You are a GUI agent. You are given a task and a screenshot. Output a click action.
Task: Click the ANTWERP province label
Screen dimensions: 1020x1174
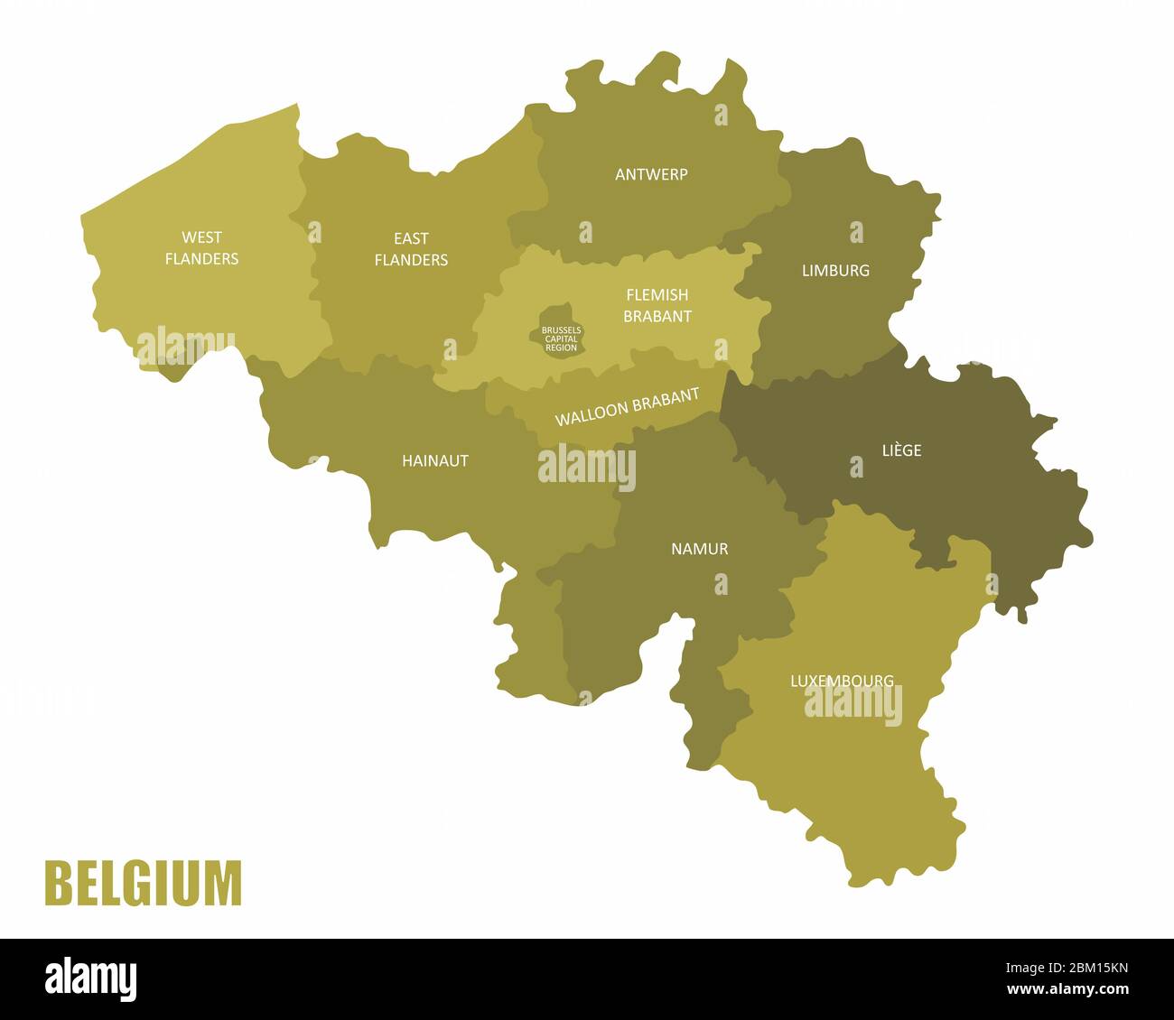point(651,174)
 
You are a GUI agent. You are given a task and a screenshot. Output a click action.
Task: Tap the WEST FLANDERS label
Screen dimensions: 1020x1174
point(201,248)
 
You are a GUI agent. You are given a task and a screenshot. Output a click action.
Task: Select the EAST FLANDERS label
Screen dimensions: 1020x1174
point(411,249)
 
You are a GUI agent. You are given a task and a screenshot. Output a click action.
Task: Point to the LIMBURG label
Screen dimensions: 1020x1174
point(835,270)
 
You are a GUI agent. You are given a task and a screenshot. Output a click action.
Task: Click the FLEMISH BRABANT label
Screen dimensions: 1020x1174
point(657,305)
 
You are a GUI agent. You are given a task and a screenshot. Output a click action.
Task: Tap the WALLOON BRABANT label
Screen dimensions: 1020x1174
point(627,408)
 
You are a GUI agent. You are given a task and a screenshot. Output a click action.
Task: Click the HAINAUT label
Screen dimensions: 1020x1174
point(435,460)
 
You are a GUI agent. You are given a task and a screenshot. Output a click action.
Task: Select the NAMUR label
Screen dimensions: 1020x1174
point(699,549)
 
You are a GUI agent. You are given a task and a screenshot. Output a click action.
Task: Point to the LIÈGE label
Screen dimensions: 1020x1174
point(901,450)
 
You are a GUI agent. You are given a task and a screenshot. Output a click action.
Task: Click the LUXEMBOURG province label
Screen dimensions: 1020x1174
point(842,681)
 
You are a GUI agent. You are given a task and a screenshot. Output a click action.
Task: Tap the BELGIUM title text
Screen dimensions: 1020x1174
point(144,884)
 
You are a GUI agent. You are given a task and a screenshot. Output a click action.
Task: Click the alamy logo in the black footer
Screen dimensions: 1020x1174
point(91,980)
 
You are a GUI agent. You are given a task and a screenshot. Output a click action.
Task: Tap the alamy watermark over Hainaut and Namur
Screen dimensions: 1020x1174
point(587,468)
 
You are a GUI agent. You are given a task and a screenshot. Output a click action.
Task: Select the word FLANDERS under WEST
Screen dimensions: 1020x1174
point(201,259)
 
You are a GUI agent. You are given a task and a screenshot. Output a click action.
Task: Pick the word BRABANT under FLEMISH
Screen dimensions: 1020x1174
point(657,316)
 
